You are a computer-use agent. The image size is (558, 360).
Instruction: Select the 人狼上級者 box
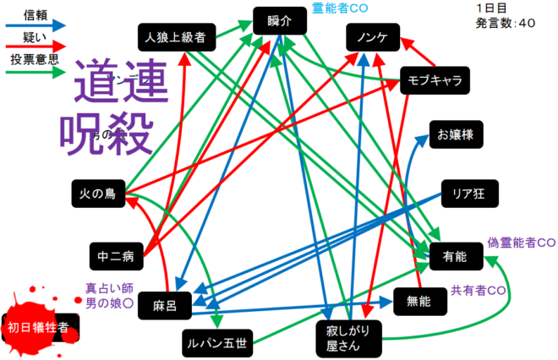178,37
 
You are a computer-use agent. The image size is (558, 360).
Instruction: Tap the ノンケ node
372,37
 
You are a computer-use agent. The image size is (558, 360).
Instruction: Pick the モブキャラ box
431,81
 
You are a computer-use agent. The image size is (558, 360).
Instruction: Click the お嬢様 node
457,134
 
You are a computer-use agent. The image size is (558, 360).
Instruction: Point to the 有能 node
451,254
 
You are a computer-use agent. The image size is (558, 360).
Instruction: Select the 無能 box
418,300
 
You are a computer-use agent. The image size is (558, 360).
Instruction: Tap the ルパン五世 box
216,341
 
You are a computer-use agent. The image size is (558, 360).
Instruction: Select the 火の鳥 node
98,194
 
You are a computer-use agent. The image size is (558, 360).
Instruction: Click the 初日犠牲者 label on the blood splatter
38,327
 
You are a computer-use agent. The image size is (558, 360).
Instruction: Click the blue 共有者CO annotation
479,289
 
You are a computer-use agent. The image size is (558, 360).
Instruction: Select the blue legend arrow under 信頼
34,26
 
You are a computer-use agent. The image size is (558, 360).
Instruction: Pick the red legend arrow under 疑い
34,49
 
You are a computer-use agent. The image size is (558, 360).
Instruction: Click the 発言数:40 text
506,23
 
